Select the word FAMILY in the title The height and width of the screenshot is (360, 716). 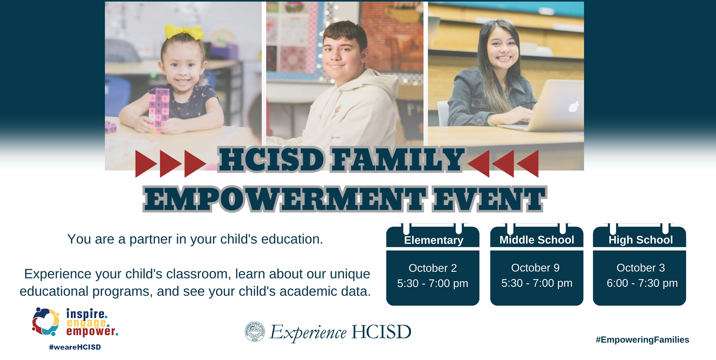[x=397, y=159]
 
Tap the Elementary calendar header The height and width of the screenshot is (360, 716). [x=433, y=240]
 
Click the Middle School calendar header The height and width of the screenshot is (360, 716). [x=537, y=240]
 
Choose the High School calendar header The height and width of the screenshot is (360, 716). [x=641, y=240]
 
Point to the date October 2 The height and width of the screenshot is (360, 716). [x=433, y=268]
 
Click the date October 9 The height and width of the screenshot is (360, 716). [x=535, y=267]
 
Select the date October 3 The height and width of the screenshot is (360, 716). [x=641, y=267]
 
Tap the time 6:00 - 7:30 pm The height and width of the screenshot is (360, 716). [x=642, y=283]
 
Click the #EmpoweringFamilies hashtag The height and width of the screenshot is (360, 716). [x=642, y=339]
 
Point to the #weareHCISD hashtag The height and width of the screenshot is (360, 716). [x=75, y=347]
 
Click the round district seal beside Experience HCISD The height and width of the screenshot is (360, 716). [x=255, y=332]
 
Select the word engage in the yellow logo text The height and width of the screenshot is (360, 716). [x=87, y=322]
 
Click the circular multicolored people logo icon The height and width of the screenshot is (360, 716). [x=46, y=321]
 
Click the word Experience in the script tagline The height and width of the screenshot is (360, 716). [x=308, y=332]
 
